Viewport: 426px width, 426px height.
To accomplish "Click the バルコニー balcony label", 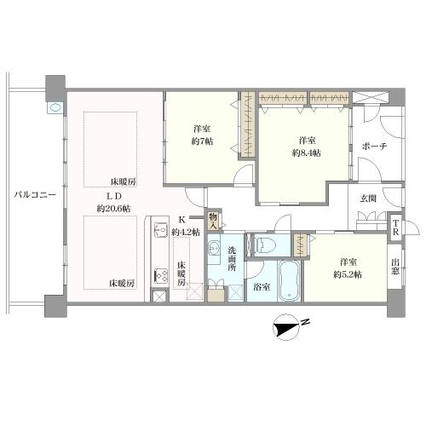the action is pyautogui.click(x=35, y=195).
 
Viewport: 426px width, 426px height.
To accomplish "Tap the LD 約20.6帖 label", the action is pyautogui.click(x=114, y=202).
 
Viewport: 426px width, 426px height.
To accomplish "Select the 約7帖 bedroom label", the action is pyautogui.click(x=202, y=135).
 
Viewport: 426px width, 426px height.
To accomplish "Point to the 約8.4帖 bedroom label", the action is pyautogui.click(x=307, y=147).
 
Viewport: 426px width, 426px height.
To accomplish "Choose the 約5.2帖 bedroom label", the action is pyautogui.click(x=348, y=268).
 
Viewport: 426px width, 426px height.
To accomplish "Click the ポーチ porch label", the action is pyautogui.click(x=374, y=147).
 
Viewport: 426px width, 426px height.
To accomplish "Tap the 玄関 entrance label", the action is pyautogui.click(x=368, y=199).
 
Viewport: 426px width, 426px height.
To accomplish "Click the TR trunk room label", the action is pyautogui.click(x=395, y=227).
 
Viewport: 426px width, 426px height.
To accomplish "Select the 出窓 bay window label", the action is pyautogui.click(x=395, y=267).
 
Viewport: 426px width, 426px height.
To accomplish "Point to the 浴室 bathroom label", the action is pyautogui.click(x=262, y=287).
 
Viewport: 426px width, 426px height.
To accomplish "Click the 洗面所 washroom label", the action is pyautogui.click(x=232, y=259).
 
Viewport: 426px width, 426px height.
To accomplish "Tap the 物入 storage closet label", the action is pyautogui.click(x=213, y=222).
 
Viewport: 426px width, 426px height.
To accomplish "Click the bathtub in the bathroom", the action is pyautogui.click(x=289, y=281).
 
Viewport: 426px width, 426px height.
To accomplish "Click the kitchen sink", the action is pyautogui.click(x=161, y=229).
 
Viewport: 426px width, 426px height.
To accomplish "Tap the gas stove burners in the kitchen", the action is pyautogui.click(x=161, y=275).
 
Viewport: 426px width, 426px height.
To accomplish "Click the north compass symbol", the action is pyautogui.click(x=287, y=328).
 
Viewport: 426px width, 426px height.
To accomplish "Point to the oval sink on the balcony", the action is pyautogui.click(x=55, y=108).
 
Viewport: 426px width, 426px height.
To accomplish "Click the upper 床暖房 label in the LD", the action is pyautogui.click(x=124, y=181).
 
